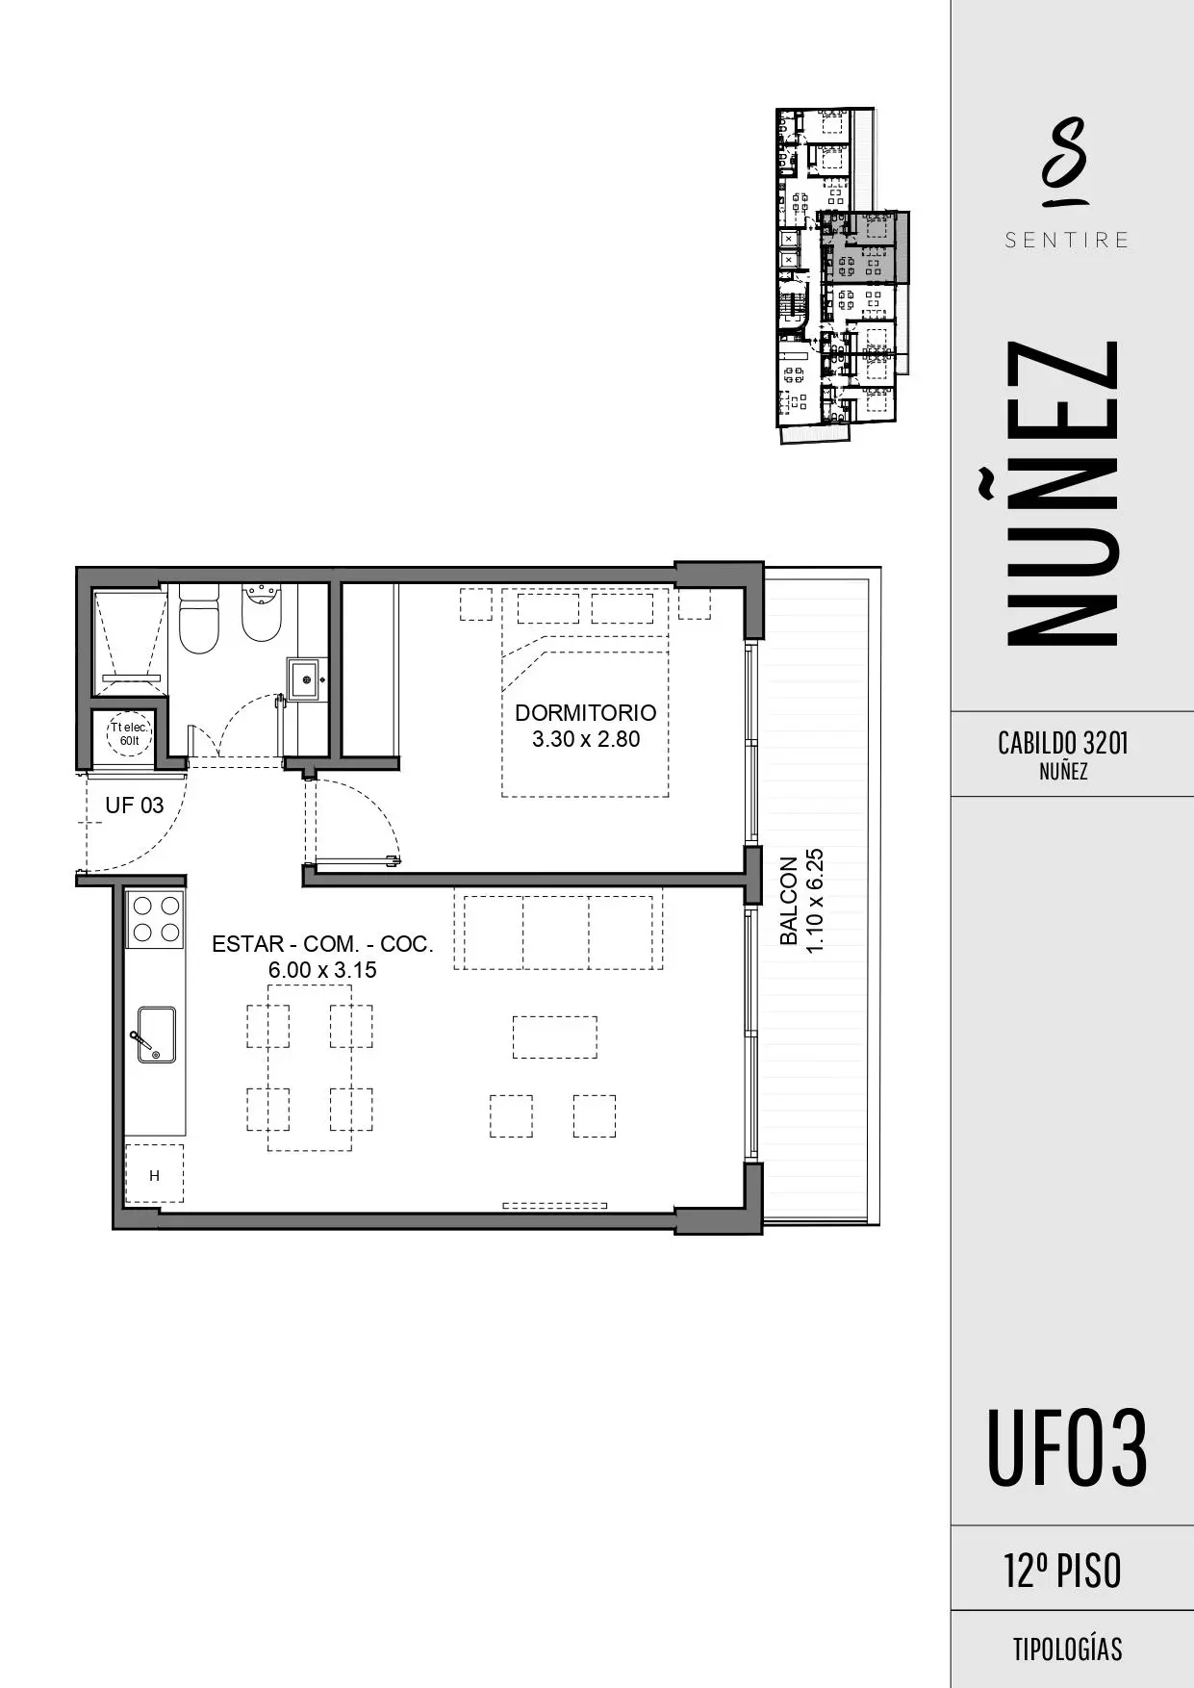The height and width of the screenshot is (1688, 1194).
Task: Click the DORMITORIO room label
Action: (x=585, y=713)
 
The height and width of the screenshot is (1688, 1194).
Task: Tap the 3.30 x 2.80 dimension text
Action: (x=585, y=739)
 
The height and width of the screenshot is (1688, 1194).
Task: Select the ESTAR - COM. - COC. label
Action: (x=322, y=944)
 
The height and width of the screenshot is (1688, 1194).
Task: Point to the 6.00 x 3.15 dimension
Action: (x=322, y=970)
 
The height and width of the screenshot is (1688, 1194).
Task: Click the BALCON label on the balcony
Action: (x=789, y=901)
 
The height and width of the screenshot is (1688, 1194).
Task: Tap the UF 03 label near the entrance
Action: (x=134, y=806)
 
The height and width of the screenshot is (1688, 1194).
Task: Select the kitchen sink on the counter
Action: (x=156, y=1035)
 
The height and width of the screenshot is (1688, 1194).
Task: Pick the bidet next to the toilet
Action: (x=261, y=613)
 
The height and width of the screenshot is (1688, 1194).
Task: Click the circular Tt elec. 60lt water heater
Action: (x=129, y=733)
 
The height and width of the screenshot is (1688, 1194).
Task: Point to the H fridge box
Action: (x=154, y=1174)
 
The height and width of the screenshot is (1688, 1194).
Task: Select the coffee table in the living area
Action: (x=554, y=1037)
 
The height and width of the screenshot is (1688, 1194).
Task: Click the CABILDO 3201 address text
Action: (x=1062, y=743)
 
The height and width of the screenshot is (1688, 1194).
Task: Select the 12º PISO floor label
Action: (x=1062, y=1571)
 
